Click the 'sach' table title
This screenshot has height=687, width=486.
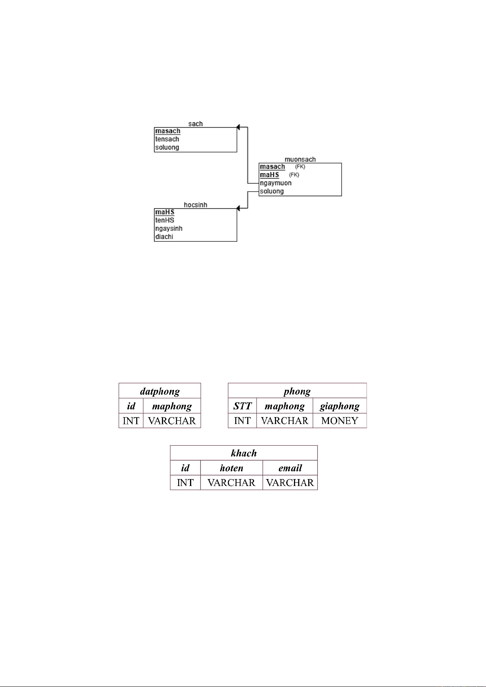[x=195, y=124]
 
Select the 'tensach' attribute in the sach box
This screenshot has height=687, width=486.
[x=167, y=139]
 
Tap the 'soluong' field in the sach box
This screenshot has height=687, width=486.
[x=167, y=147]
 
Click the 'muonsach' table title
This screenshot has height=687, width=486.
[x=300, y=159]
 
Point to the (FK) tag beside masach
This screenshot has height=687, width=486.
[x=300, y=167]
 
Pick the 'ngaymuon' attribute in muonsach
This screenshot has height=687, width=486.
[x=276, y=183]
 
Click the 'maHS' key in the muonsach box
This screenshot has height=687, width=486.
[x=270, y=175]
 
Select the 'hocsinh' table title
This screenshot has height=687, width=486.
[x=195, y=205]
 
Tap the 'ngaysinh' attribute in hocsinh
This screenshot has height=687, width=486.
[x=169, y=228]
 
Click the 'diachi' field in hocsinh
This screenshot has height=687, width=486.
[x=164, y=236]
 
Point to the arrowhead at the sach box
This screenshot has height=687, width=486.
[x=239, y=127]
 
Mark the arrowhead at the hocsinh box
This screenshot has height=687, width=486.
[x=239, y=208]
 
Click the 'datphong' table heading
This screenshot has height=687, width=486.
[x=160, y=391]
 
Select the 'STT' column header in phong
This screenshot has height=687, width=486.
[x=243, y=406]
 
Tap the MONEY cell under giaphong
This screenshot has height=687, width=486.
[x=340, y=421]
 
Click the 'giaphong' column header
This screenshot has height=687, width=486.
[x=340, y=406]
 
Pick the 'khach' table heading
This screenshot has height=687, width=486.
[x=244, y=453]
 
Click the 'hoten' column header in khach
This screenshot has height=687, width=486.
[x=232, y=468]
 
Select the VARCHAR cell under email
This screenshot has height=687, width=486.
[x=290, y=483]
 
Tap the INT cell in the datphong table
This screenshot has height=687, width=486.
[x=131, y=421]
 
